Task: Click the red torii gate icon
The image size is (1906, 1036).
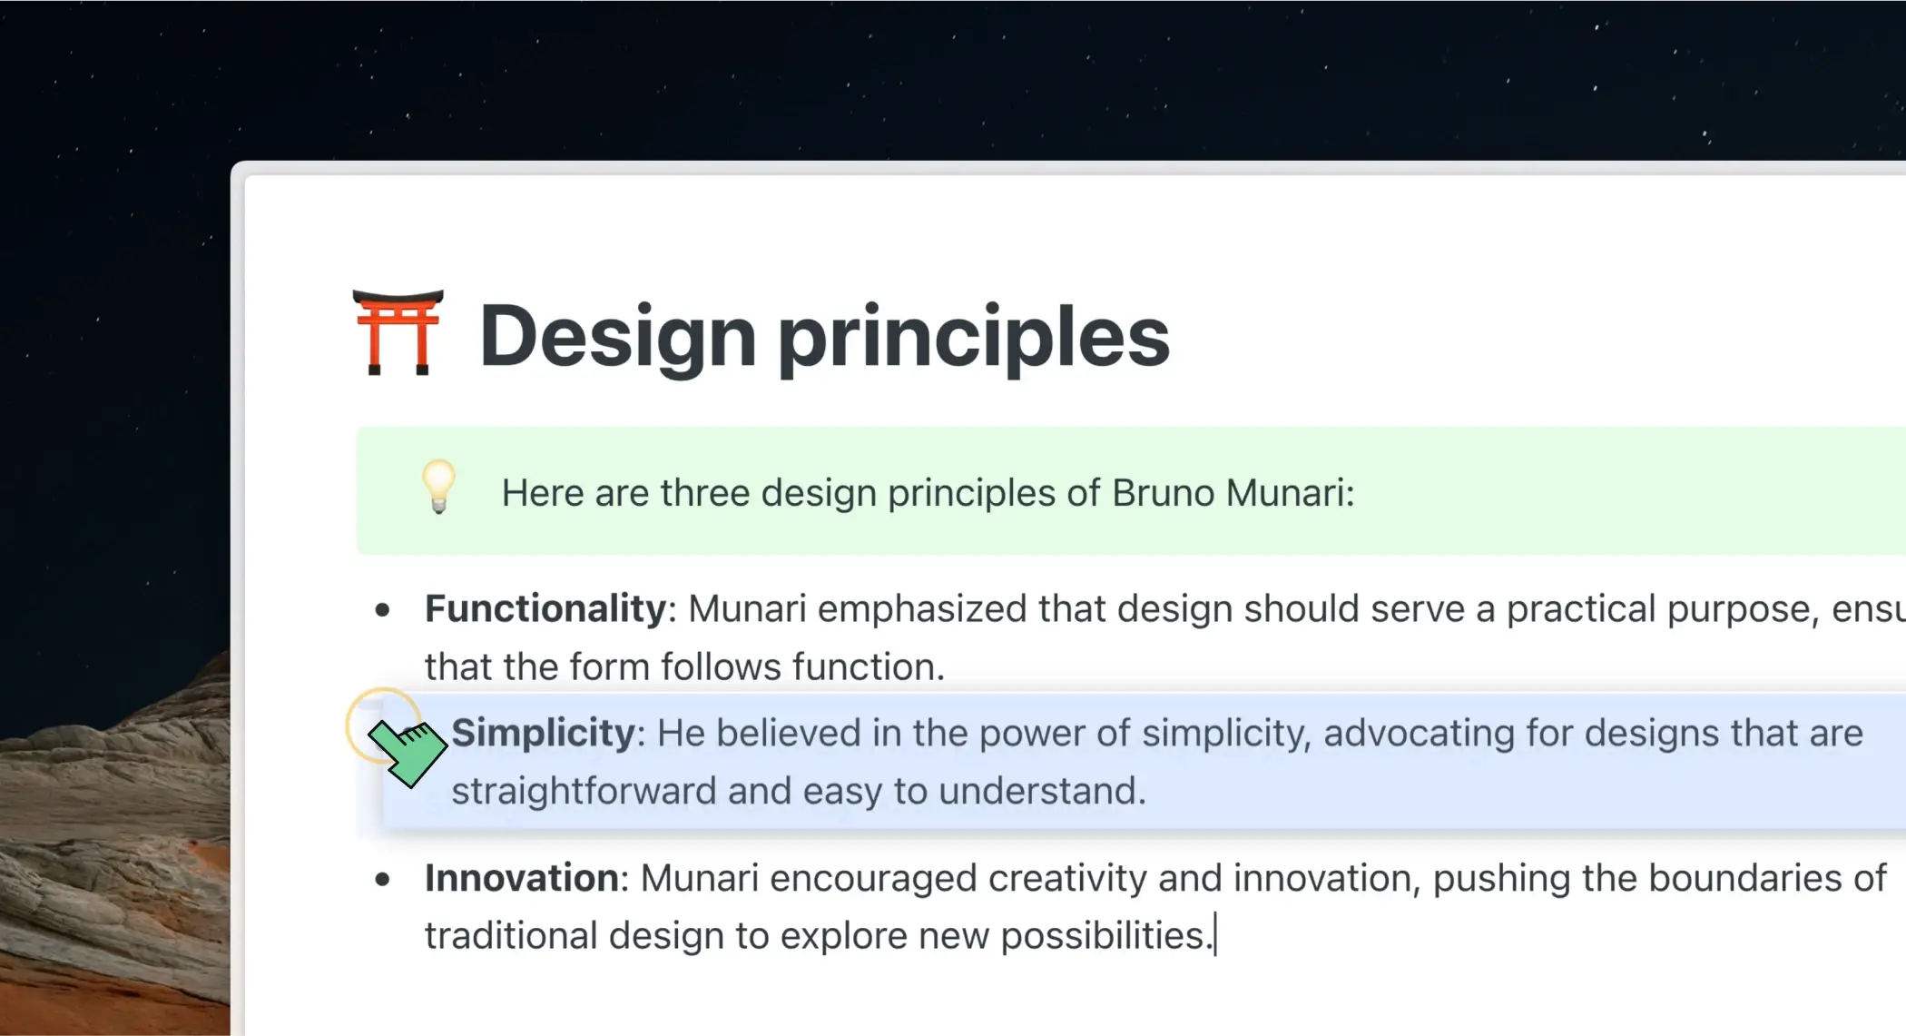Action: [x=398, y=332]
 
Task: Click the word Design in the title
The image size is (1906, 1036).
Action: [x=618, y=337]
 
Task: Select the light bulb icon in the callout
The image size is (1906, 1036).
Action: [x=439, y=487]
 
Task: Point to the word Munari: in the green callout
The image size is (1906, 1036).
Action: [x=1290, y=493]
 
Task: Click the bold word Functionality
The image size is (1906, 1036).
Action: [x=545, y=608]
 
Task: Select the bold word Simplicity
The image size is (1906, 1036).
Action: [x=544, y=734]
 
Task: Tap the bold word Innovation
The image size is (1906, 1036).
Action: [x=522, y=878]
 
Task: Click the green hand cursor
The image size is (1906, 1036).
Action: [x=408, y=753]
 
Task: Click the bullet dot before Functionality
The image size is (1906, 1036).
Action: [x=382, y=610]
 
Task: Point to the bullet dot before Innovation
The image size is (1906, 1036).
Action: [x=382, y=879]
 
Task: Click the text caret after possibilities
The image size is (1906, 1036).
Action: [x=1215, y=936]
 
